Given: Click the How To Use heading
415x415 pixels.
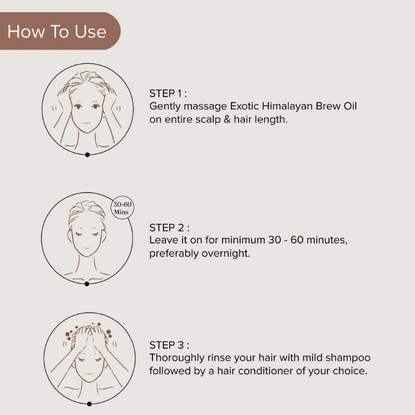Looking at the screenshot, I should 57,32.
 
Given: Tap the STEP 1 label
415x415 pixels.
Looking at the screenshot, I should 167,93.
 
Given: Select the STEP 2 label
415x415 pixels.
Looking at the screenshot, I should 168,228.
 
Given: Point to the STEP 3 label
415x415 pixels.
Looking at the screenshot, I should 168,345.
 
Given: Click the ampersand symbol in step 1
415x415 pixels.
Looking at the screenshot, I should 239,119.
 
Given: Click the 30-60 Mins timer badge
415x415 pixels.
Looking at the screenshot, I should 123,209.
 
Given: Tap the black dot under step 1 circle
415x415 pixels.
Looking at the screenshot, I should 87,155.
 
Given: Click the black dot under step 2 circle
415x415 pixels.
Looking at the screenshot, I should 87,284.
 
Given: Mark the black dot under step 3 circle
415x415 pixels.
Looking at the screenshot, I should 89,404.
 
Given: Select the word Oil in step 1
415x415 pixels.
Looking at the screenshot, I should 349,106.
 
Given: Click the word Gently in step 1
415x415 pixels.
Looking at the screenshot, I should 163,106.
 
